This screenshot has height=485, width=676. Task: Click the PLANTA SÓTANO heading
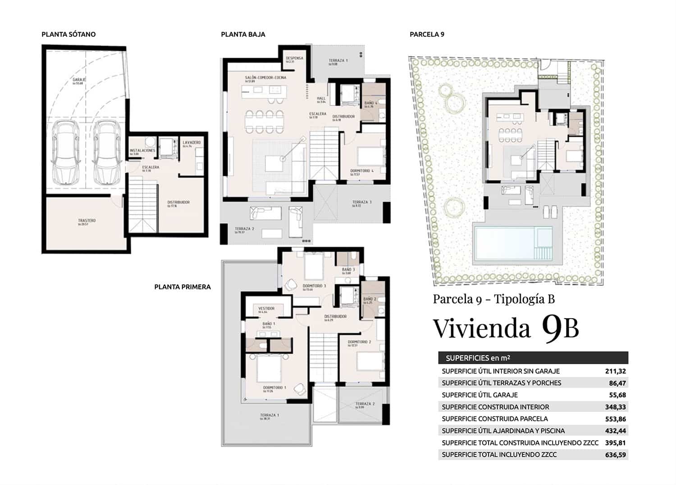(69, 34)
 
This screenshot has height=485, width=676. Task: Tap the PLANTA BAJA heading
(243, 34)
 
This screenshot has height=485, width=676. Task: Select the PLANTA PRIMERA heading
(183, 287)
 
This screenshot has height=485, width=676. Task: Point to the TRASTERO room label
(86, 221)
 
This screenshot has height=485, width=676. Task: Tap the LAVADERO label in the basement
(192, 143)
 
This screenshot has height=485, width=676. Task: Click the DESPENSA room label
(294, 59)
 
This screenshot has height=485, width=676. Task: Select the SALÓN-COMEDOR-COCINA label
(265, 78)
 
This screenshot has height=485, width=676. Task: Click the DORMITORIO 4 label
(362, 171)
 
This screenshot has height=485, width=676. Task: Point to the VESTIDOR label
(266, 309)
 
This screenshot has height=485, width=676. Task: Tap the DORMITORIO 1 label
(274, 388)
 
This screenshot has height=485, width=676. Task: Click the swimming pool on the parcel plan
(505, 243)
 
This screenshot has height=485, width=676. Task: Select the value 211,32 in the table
(615, 371)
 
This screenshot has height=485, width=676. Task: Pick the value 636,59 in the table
(615, 455)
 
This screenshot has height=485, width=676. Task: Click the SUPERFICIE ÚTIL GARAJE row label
(480, 395)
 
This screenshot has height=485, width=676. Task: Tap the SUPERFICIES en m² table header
(478, 358)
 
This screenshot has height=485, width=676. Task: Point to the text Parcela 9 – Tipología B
(493, 299)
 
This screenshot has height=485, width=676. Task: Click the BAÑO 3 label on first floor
(348, 270)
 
